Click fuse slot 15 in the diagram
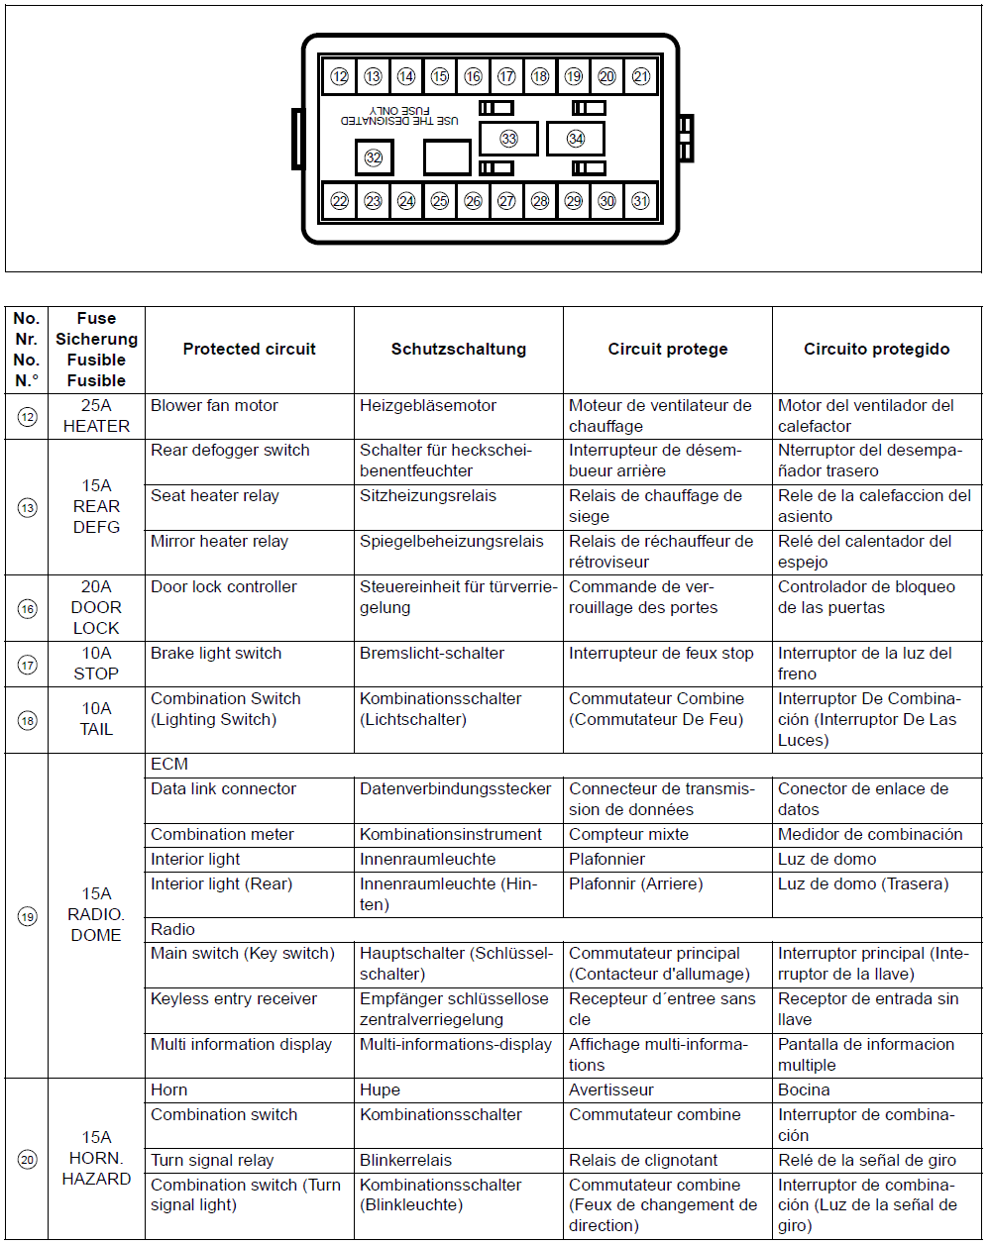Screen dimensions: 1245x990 tap(440, 76)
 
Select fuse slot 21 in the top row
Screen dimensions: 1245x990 tap(641, 76)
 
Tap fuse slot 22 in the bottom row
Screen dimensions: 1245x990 tap(340, 201)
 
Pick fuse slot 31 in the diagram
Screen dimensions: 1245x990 tap(641, 201)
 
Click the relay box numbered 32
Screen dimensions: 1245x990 tap(374, 157)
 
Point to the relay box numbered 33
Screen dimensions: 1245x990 tap(508, 139)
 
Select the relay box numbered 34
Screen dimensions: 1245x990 tap(576, 139)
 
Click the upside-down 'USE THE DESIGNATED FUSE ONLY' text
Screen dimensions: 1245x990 tap(399, 115)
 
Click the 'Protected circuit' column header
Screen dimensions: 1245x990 tap(250, 349)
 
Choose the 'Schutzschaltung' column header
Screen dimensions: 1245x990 tap(459, 349)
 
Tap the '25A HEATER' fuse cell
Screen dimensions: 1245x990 tap(96, 416)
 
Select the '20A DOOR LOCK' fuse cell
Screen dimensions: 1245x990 tap(96, 607)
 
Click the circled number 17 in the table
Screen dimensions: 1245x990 tap(27, 665)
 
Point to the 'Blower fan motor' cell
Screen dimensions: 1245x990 tap(215, 406)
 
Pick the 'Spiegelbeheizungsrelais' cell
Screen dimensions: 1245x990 tap(452, 542)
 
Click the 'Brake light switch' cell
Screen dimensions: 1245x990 tap(216, 654)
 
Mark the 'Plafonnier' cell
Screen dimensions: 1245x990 tap(606, 860)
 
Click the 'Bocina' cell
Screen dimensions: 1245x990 tap(804, 1090)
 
